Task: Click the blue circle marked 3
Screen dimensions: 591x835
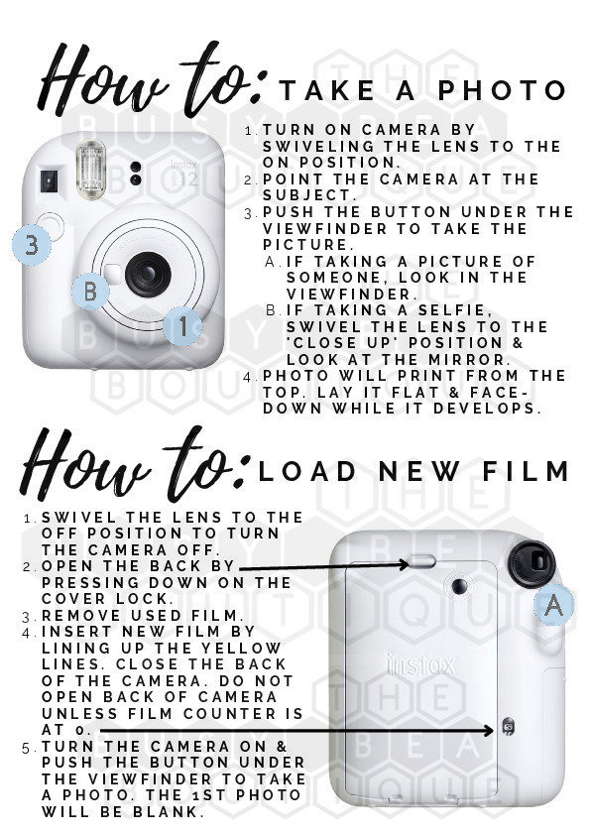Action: [32, 245]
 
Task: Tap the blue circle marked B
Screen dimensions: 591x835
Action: [90, 292]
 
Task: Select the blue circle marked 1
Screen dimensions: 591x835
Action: [182, 326]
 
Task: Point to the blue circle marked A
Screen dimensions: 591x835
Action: [554, 604]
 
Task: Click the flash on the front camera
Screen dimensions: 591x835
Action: [90, 170]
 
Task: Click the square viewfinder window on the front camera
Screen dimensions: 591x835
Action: [49, 181]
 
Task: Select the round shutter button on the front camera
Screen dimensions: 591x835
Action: [52, 226]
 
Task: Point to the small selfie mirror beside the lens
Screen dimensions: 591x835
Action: [113, 273]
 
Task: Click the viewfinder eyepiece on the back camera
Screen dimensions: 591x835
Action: [532, 564]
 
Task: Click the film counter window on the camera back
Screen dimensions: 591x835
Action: [508, 725]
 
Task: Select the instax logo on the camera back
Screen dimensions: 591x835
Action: [421, 665]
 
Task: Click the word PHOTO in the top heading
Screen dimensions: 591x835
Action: [502, 90]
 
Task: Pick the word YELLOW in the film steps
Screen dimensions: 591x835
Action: [240, 649]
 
